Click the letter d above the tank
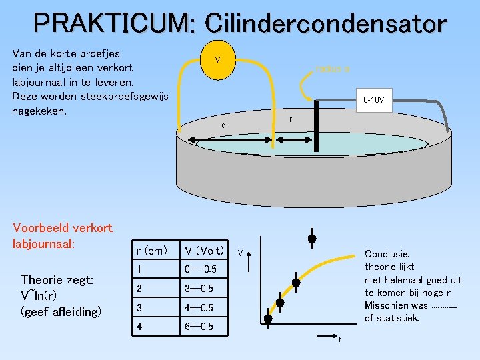pyautogui.click(x=224, y=125)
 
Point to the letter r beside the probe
pyautogui.click(x=290, y=119)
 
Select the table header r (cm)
pyautogui.click(x=151, y=251)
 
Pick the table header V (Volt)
pyautogui.click(x=204, y=251)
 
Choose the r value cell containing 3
pyautogui.click(x=139, y=307)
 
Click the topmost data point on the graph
pyautogui.click(x=311, y=239)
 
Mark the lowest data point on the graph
pyautogui.click(x=267, y=319)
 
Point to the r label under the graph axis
pyautogui.click(x=339, y=340)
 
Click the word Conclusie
pyautogui.click(x=387, y=254)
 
